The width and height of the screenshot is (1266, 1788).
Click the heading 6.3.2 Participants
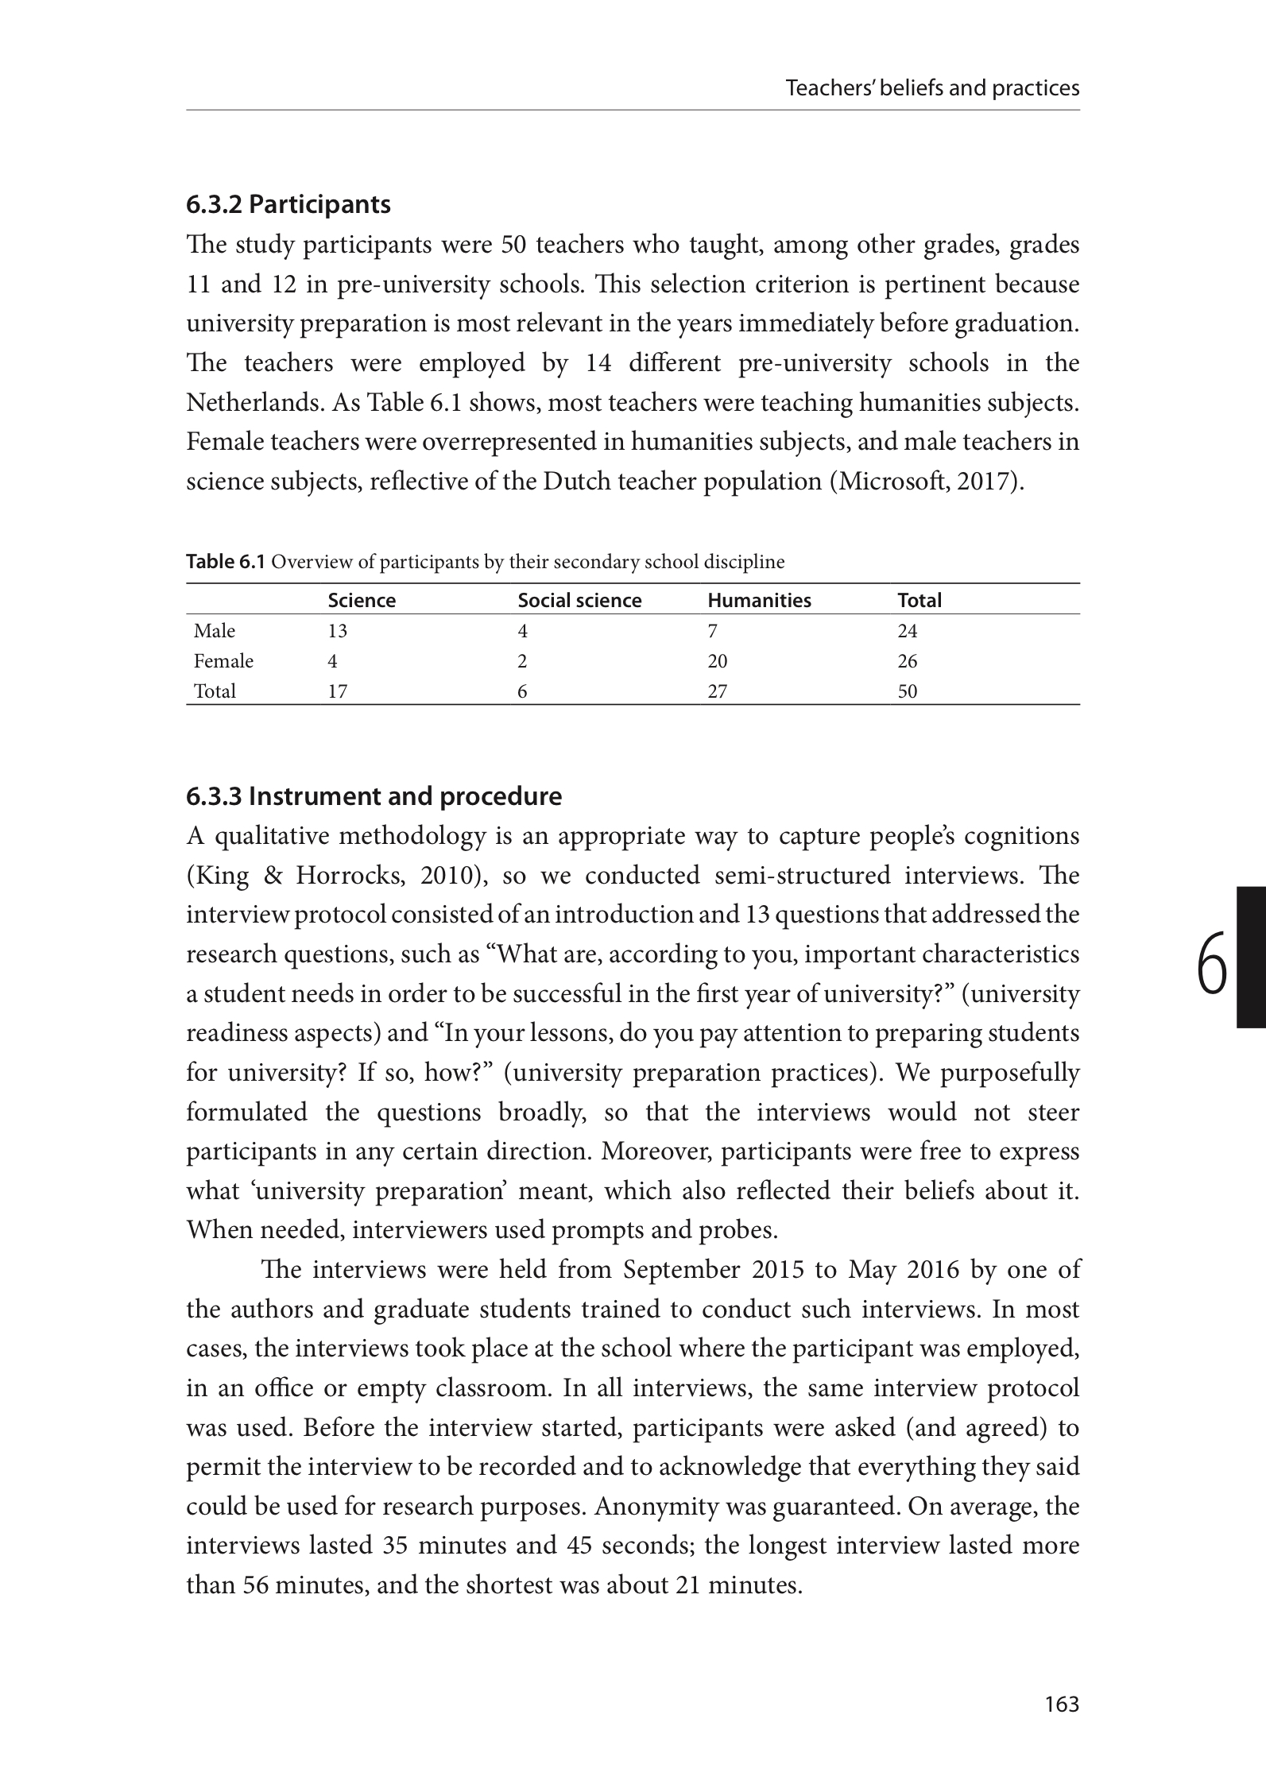[x=288, y=204]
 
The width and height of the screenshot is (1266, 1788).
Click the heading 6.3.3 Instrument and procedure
[x=374, y=796]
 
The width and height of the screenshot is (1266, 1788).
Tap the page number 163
[x=1062, y=1704]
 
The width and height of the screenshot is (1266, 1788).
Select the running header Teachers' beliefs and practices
[x=932, y=87]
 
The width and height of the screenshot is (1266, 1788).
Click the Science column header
[x=362, y=600]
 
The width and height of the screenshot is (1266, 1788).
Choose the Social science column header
[x=579, y=600]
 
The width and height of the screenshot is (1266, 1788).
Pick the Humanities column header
[x=759, y=600]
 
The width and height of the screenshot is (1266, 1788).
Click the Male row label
[x=215, y=631]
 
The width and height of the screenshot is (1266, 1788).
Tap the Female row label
[x=223, y=661]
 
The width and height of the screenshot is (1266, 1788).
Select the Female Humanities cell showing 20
[x=717, y=661]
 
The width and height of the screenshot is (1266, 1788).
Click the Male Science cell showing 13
[x=338, y=631]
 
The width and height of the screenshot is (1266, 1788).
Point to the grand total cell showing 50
[x=907, y=691]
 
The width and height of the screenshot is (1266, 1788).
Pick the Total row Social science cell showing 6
[x=522, y=691]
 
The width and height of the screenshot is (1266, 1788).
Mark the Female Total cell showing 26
[x=907, y=661]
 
